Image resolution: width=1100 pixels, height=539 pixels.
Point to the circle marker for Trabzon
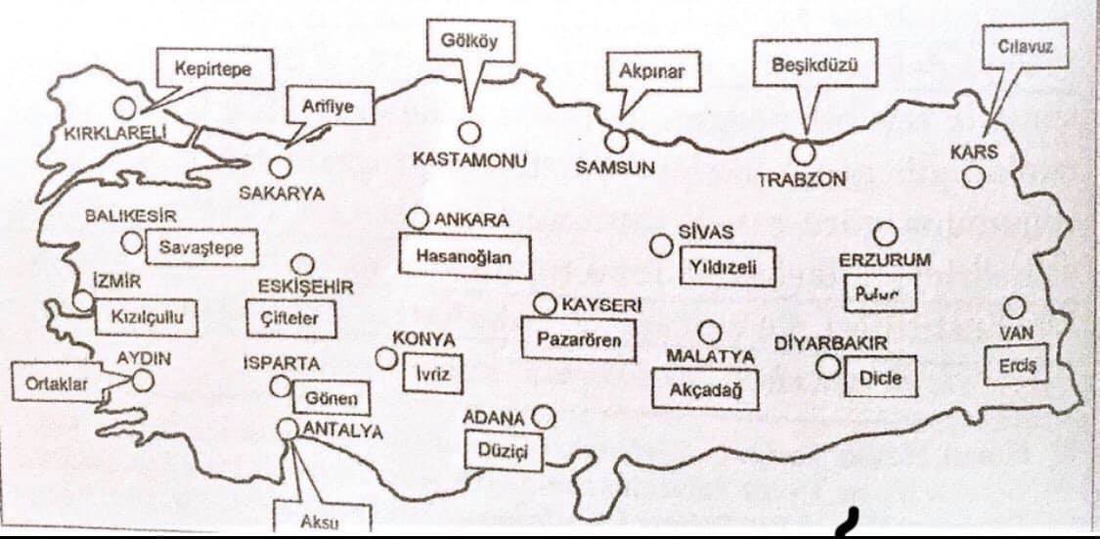[804, 153]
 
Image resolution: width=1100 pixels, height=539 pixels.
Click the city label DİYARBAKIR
[830, 344]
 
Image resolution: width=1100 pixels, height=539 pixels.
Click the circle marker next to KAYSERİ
[545, 304]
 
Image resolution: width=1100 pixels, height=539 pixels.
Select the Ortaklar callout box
[57, 383]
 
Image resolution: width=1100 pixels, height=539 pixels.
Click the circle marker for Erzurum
[886, 234]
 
